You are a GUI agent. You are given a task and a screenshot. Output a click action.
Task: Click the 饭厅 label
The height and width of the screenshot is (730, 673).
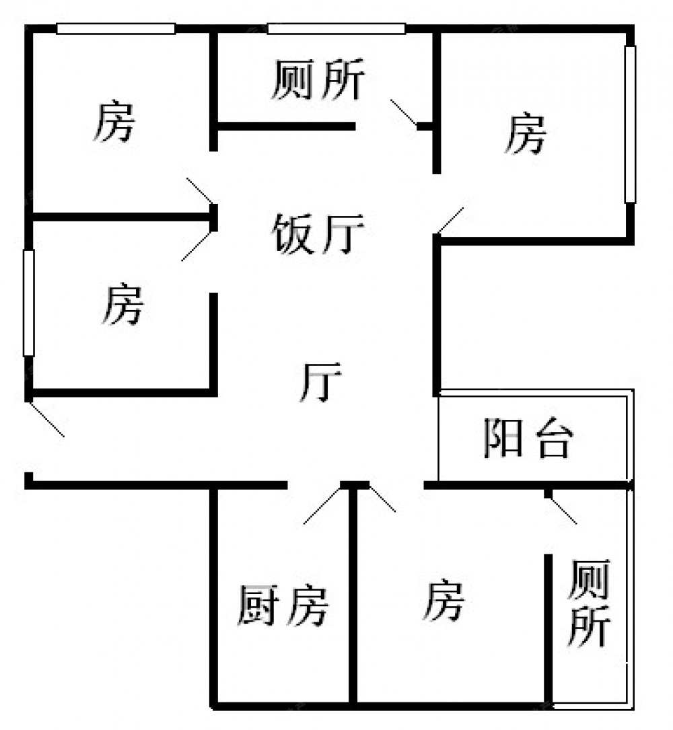click(317, 234)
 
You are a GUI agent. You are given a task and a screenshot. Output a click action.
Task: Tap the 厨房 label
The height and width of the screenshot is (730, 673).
click(283, 606)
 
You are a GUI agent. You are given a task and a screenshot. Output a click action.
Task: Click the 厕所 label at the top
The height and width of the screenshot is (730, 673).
click(318, 80)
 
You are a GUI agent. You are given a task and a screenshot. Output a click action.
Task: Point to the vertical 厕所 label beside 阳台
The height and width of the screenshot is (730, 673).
click(588, 605)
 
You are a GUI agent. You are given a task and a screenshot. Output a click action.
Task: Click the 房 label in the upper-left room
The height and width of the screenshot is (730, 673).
click(114, 122)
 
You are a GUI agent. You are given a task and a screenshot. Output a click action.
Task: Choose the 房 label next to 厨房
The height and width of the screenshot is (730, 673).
click(444, 601)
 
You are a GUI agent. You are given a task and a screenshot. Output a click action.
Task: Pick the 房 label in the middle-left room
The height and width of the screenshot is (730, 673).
click(122, 304)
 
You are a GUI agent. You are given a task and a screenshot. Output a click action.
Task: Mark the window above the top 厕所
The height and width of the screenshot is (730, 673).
click(336, 29)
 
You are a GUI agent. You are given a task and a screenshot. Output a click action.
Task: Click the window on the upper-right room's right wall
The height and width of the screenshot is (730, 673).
click(630, 124)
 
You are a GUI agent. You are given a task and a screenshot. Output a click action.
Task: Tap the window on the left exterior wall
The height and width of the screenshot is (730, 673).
click(29, 303)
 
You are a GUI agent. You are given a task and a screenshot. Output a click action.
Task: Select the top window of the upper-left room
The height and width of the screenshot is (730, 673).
click(116, 29)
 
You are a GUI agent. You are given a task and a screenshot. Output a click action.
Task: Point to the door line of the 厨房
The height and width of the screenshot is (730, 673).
click(322, 504)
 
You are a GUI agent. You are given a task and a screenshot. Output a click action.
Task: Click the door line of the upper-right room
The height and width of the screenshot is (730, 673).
click(450, 221)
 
